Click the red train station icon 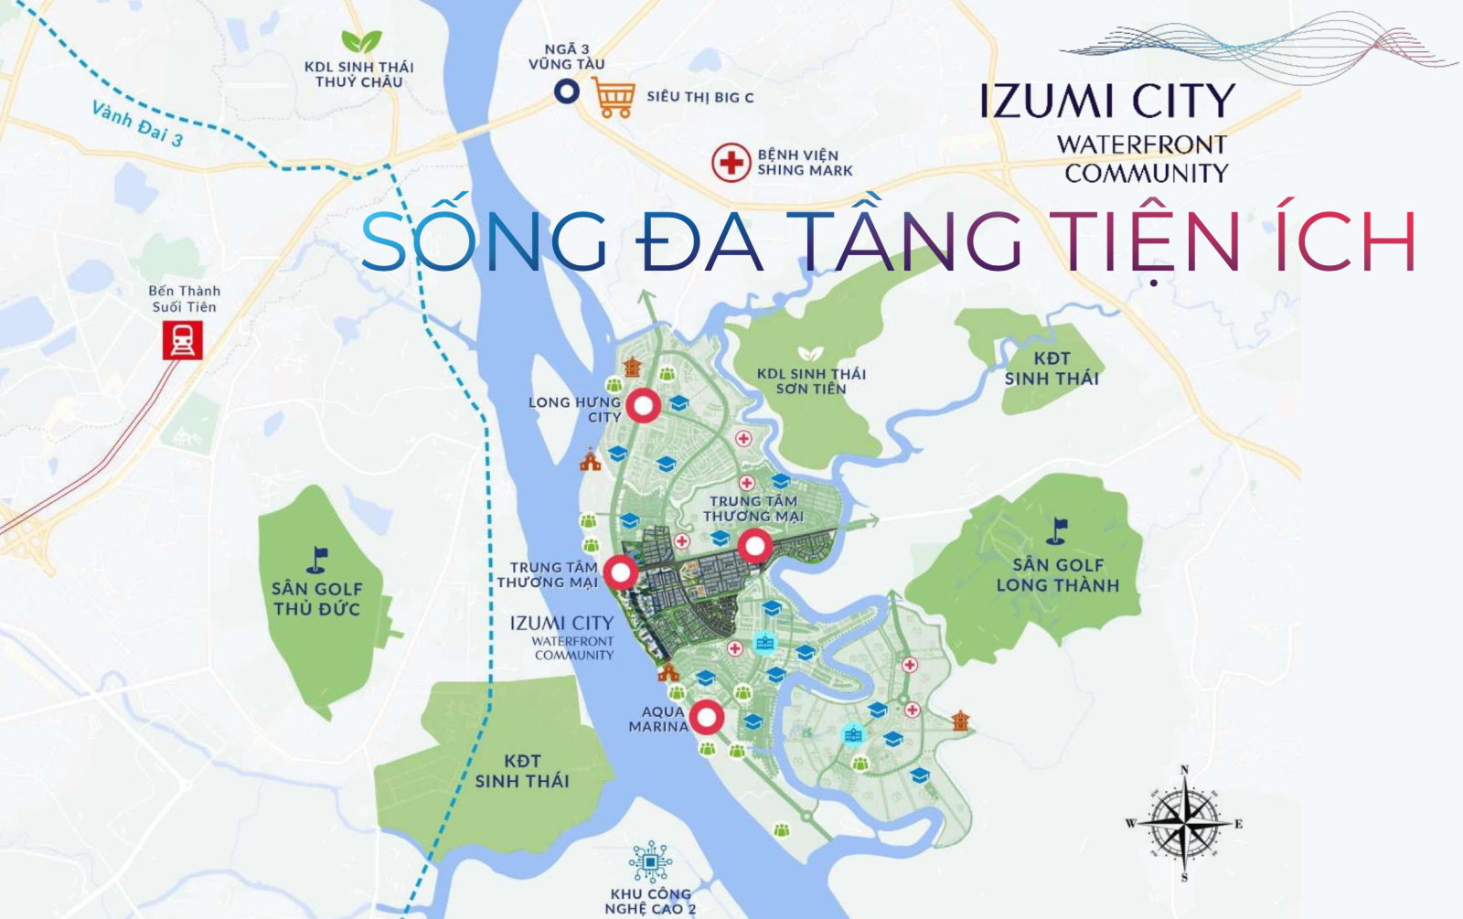click(182, 341)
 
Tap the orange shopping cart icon click(614, 97)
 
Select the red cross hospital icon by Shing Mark click(731, 163)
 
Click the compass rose click(1184, 823)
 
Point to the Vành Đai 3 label click(138, 124)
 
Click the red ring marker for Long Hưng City click(644, 406)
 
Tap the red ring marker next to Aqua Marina click(706, 718)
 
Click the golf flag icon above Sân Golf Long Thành click(1058, 530)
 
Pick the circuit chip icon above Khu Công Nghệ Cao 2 click(650, 862)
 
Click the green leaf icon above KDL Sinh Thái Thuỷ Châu click(360, 41)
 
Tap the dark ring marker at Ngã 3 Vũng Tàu click(567, 91)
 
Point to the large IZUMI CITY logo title click(1107, 102)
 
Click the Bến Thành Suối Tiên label click(184, 299)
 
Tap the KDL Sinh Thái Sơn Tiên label click(811, 381)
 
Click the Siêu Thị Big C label click(699, 97)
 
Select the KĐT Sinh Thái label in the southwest click(522, 771)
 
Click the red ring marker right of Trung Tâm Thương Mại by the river click(621, 572)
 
